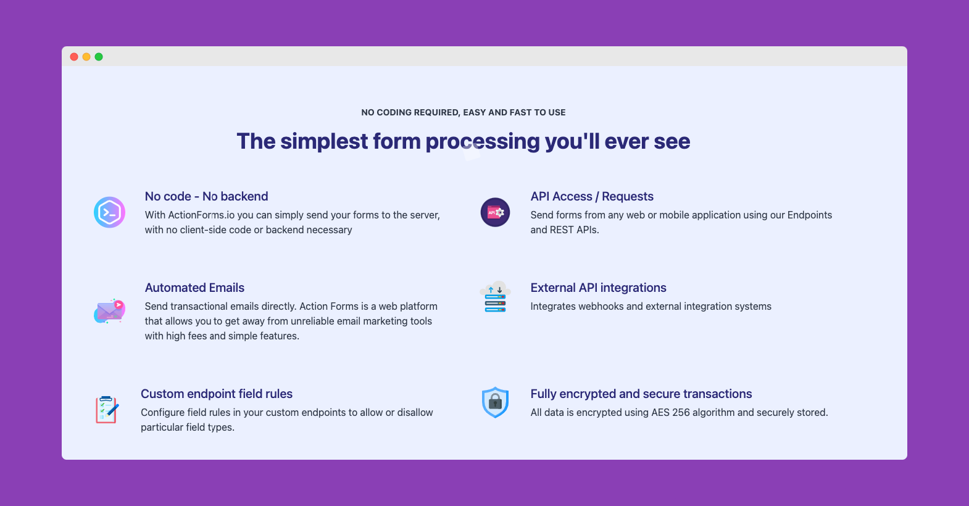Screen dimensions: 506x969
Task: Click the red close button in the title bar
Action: (74, 57)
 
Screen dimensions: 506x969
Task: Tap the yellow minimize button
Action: (86, 57)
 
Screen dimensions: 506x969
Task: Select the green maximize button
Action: (99, 57)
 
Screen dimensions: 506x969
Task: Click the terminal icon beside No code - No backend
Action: (110, 212)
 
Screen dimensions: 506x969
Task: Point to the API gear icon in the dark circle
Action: (496, 212)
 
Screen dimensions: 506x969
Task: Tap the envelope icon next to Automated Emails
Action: (110, 311)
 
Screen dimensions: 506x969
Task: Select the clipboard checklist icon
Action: (107, 410)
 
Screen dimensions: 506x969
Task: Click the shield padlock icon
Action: (495, 402)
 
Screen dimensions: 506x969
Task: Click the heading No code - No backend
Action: (206, 196)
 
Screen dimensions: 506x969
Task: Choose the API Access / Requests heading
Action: (592, 196)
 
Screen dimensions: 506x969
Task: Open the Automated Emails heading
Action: (194, 288)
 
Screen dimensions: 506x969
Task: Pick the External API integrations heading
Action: (598, 288)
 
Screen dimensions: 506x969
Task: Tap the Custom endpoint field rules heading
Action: (217, 394)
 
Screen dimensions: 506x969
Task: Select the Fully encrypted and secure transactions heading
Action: (641, 394)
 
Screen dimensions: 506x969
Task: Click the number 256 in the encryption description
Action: (681, 412)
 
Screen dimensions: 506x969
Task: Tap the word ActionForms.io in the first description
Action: (201, 215)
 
